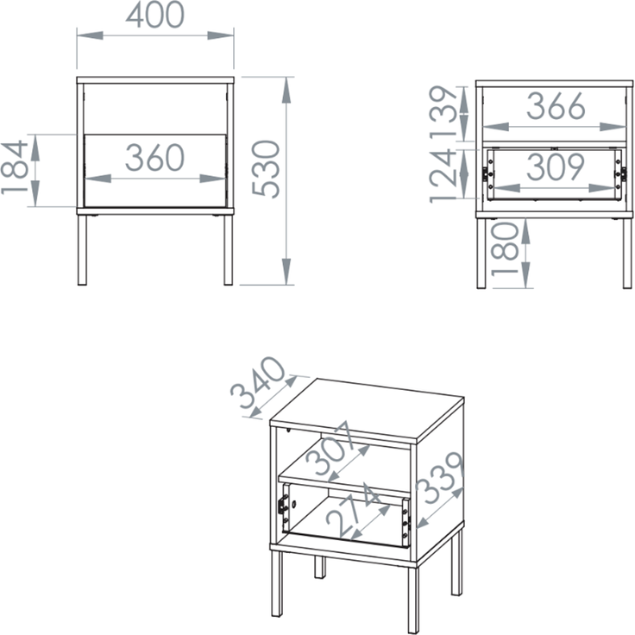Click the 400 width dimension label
coord(155,16)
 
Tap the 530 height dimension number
coord(266,169)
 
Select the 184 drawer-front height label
coord(15,167)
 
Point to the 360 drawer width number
coord(155,157)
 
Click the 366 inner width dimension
coord(556,106)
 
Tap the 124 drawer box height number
coord(443,175)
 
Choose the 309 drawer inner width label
coord(556,167)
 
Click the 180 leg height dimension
coord(505,249)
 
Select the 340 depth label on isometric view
coord(259,383)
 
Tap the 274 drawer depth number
coord(353,509)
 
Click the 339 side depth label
coord(440,478)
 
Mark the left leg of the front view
coord(82,250)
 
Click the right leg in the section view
coord(627,254)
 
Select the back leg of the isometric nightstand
coord(319,566)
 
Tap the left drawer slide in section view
coord(489,175)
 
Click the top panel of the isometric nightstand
coord(367,410)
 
